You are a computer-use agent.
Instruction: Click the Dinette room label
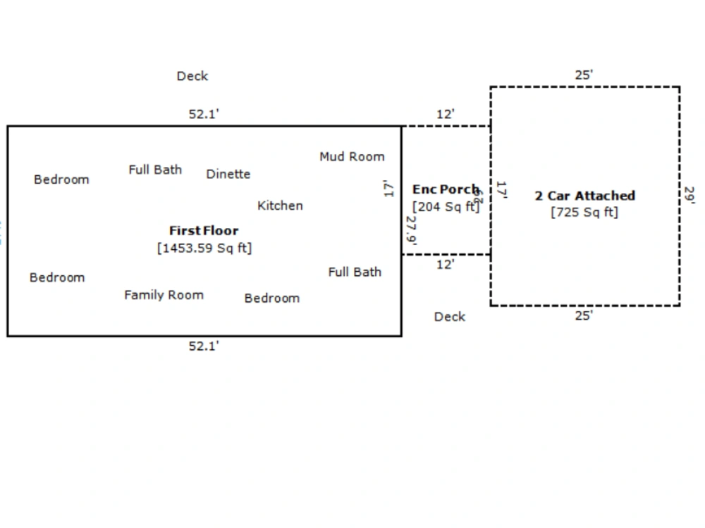click(x=228, y=174)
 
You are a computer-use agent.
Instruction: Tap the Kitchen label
click(x=280, y=206)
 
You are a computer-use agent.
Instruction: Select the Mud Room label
click(x=352, y=157)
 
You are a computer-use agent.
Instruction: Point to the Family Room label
click(x=164, y=295)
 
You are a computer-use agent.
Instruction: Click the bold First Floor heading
click(x=204, y=231)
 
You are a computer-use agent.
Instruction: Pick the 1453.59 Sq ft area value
click(x=204, y=249)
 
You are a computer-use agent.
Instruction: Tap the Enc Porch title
click(x=446, y=189)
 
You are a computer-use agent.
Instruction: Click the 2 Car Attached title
click(x=584, y=196)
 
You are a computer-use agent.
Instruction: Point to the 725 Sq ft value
click(x=584, y=212)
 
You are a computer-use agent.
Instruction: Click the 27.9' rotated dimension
click(x=411, y=230)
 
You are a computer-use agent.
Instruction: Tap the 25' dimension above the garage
click(x=584, y=75)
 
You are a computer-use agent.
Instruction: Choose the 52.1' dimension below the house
click(x=204, y=346)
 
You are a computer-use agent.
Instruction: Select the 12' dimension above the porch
click(x=445, y=114)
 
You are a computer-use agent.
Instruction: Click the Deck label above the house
click(x=192, y=76)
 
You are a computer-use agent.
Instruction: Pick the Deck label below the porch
click(x=450, y=317)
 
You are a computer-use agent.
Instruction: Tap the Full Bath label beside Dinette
click(x=155, y=170)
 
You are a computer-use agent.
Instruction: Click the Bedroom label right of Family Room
click(x=272, y=298)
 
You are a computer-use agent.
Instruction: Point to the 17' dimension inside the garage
click(x=502, y=190)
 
